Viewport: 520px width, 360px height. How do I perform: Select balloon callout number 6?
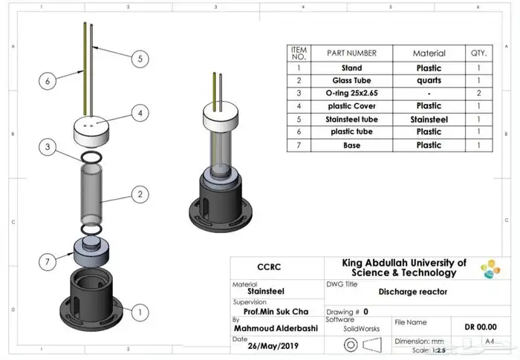pyautogui.click(x=47, y=80)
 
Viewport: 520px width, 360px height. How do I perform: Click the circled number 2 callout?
pyautogui.click(x=139, y=195)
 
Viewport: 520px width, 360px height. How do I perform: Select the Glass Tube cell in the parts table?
pyautogui.click(x=351, y=80)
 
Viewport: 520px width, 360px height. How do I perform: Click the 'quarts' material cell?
pyautogui.click(x=429, y=80)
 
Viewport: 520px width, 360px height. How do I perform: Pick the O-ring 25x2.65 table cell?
pyautogui.click(x=351, y=94)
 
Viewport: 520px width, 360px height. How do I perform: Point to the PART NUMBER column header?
pyautogui.click(x=351, y=53)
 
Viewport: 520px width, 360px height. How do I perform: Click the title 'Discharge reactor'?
pyautogui.click(x=413, y=292)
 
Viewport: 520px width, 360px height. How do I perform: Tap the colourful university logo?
pyautogui.click(x=491, y=269)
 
